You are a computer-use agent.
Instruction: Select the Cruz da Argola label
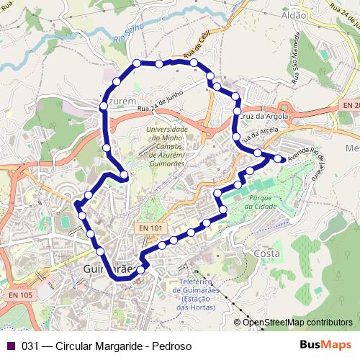264,115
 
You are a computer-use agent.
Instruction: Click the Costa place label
266,254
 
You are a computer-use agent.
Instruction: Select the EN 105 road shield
22,295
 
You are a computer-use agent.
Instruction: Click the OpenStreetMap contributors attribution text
297,323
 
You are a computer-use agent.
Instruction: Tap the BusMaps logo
326,345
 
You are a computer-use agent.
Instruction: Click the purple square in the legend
10,346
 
